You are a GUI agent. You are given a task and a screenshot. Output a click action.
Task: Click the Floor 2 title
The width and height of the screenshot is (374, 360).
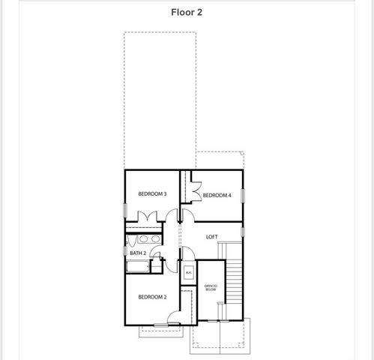pos(187,13)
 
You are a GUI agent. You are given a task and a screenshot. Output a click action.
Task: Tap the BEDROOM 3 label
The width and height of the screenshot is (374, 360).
pos(152,194)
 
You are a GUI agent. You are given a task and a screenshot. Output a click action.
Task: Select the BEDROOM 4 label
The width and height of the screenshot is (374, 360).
pos(217,195)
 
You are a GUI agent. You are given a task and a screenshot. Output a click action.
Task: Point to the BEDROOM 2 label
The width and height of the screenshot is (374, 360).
pos(151,297)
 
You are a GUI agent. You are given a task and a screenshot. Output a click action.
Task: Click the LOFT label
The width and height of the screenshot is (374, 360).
pos(211,237)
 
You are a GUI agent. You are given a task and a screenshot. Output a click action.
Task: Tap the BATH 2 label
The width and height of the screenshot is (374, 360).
pos(138,253)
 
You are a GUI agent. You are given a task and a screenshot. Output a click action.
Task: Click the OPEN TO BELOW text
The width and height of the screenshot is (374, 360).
pos(211,287)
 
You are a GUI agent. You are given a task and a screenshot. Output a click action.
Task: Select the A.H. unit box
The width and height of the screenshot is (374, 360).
pos(188,272)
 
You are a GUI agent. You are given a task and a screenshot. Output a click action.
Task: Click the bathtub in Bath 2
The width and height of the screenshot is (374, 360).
pos(139,266)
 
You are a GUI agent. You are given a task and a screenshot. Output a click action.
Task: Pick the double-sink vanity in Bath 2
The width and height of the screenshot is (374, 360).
pos(142,240)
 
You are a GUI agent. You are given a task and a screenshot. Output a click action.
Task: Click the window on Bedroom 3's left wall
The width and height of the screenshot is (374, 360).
pos(125,209)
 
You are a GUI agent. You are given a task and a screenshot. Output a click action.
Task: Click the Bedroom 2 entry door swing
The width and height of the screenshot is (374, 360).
pos(174,318)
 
